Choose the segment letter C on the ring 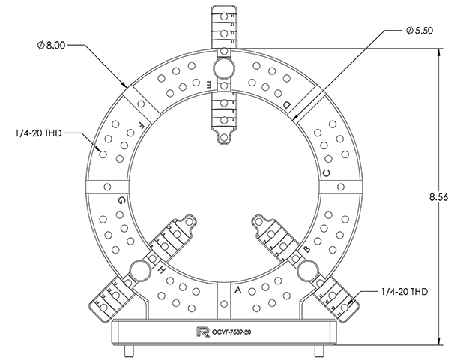click(x=326, y=174)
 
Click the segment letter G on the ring click(x=121, y=200)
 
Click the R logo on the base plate click(x=200, y=331)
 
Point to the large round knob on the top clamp click(x=222, y=68)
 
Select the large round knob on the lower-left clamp click(x=139, y=268)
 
